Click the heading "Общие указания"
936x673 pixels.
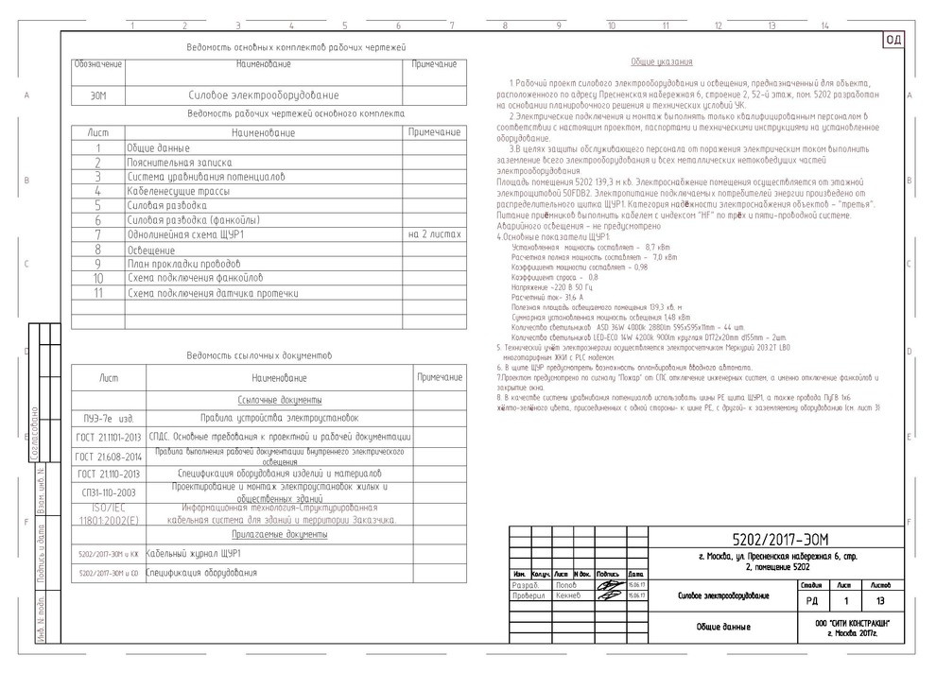661,61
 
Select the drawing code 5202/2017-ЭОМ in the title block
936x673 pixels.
748,539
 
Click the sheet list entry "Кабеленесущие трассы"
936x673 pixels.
171,190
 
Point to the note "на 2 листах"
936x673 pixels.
434,233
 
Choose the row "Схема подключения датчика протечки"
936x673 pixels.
213,293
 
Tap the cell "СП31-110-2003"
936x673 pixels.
108,492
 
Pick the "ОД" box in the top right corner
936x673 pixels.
893,40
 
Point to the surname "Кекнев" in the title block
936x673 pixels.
568,595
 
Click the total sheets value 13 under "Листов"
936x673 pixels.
880,599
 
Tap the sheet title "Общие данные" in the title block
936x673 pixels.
723,627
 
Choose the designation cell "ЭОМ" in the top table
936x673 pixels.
98,96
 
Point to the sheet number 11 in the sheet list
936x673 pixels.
97,293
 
